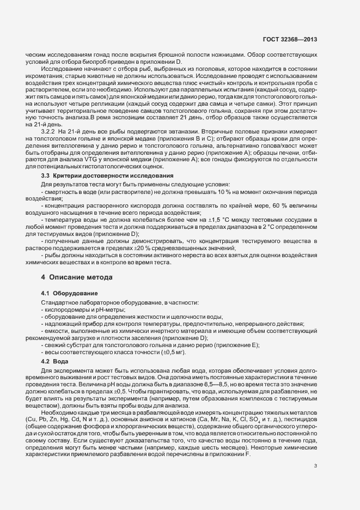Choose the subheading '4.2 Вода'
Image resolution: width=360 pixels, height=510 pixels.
click(x=54, y=362)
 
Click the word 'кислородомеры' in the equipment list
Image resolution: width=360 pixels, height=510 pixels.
click(x=64, y=309)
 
